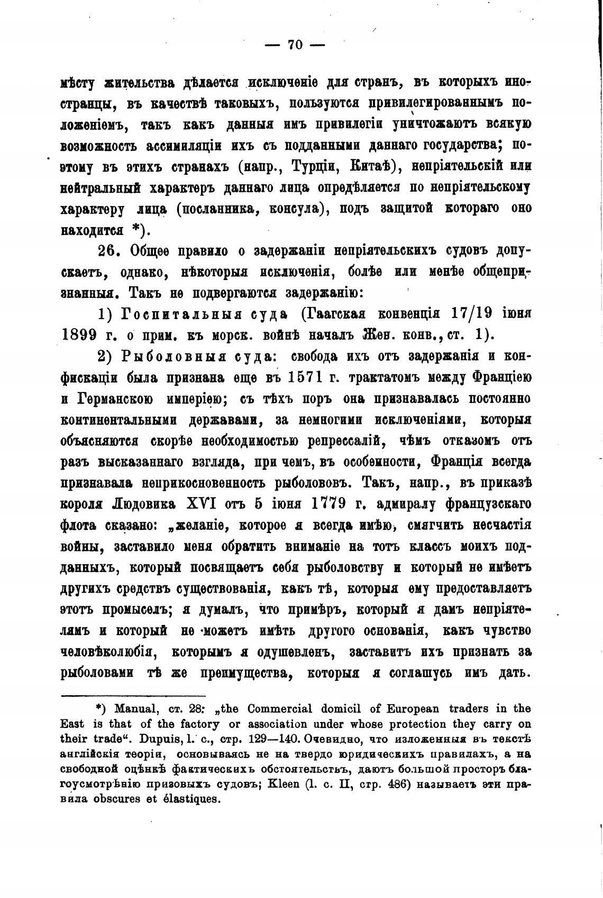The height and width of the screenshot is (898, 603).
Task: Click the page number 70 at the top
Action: click(295, 45)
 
